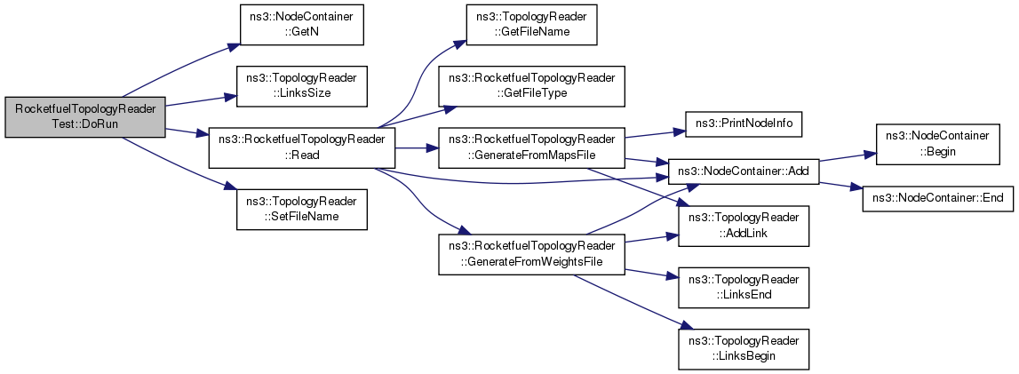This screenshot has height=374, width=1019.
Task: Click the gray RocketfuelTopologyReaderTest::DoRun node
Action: pyautogui.click(x=85, y=117)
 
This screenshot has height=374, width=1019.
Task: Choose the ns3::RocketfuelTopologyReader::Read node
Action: pyautogui.click(x=301, y=147)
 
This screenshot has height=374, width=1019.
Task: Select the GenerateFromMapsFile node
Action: pyautogui.click(x=531, y=147)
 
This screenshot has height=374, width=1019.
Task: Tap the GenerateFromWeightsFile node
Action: pyautogui.click(x=531, y=254)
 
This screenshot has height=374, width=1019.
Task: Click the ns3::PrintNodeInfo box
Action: pyautogui.click(x=744, y=123)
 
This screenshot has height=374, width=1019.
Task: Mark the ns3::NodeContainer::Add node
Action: pyautogui.click(x=744, y=169)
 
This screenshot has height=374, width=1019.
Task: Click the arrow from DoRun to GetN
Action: pyautogui.click(x=178, y=68)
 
